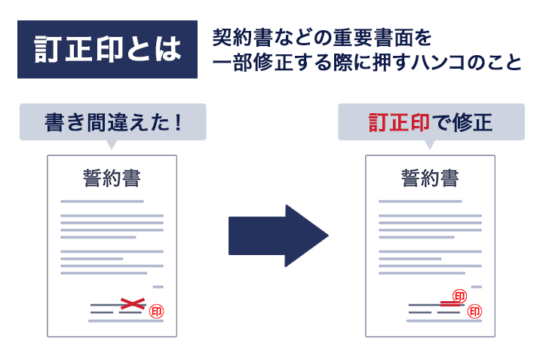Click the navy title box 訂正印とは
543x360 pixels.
(x=107, y=50)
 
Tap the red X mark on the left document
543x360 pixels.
(x=133, y=303)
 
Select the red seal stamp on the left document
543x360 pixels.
(x=157, y=310)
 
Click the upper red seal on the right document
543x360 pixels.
(x=459, y=296)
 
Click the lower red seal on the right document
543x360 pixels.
(x=475, y=311)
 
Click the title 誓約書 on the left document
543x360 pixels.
(x=112, y=179)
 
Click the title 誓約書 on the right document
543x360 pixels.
(x=430, y=179)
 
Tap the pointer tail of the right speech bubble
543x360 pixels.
(x=431, y=144)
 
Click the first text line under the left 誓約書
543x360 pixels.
(x=102, y=202)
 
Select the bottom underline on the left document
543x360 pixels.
(x=126, y=321)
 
